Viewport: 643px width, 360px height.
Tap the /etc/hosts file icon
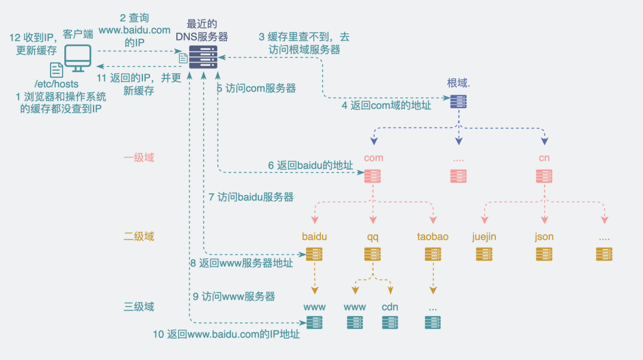(x=57, y=70)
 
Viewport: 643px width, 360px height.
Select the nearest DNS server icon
(x=203, y=57)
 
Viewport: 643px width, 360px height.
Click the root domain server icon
(x=458, y=101)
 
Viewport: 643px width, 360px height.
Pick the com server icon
(x=373, y=176)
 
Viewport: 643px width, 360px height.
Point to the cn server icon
(x=544, y=176)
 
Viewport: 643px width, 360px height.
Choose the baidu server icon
(x=314, y=254)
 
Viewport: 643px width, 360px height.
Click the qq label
(x=373, y=237)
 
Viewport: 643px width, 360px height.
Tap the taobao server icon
(x=433, y=254)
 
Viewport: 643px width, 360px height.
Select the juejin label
(x=484, y=237)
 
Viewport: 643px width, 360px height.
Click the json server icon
(x=544, y=254)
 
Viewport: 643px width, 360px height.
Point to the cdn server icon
(x=390, y=323)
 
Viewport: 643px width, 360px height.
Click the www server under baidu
(x=314, y=323)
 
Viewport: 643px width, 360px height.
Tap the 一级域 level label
(x=139, y=158)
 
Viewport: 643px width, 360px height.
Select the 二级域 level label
(x=139, y=236)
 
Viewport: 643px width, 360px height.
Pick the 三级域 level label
(x=139, y=307)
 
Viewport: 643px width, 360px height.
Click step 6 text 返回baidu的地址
(x=310, y=165)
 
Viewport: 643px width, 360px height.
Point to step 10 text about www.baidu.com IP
(x=226, y=334)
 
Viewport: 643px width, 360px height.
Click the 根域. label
(x=458, y=83)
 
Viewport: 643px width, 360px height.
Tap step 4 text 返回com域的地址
(x=386, y=106)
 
